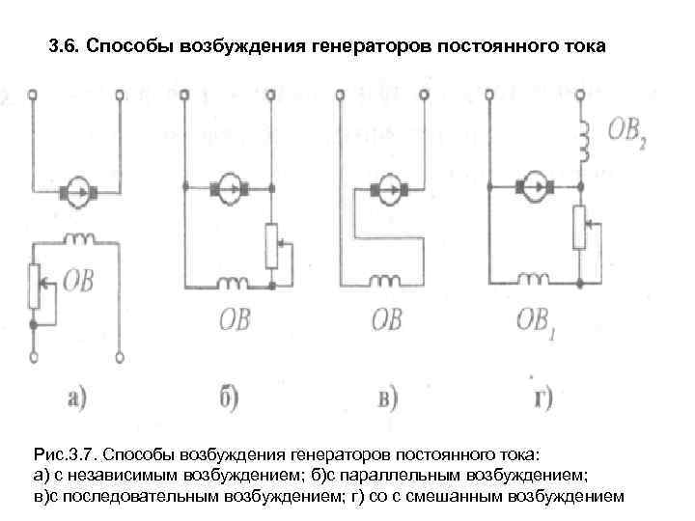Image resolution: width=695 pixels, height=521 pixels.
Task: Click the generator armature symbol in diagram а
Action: click(76, 191)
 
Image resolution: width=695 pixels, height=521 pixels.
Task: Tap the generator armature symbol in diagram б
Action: click(228, 184)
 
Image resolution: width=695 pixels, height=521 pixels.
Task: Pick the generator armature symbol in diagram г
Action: click(534, 184)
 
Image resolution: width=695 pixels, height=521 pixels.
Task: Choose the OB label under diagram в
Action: click(386, 318)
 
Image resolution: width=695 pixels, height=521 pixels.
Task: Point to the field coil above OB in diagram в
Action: click(388, 283)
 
